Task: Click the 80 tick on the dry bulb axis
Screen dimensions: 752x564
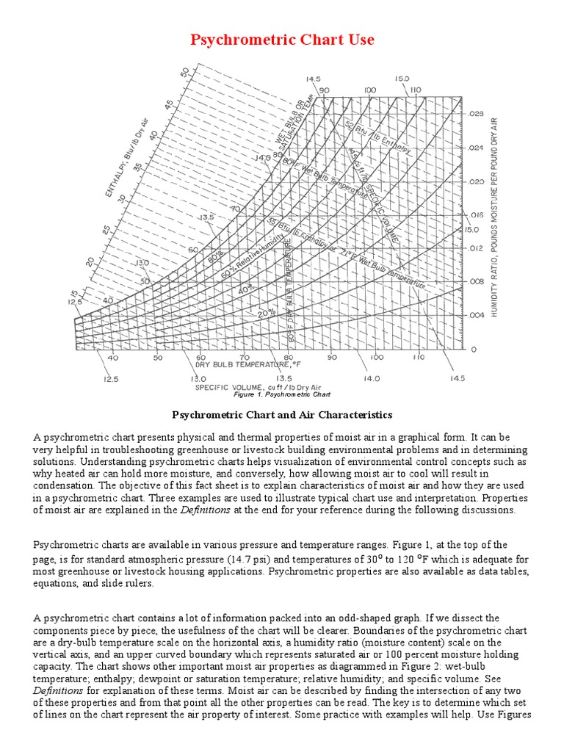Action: coord(289,358)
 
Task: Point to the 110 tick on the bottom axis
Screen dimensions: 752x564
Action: coord(418,358)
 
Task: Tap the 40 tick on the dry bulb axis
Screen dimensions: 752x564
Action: coord(112,358)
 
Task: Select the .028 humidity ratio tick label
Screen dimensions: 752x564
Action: coord(477,115)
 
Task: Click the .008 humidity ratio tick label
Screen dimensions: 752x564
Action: coord(477,281)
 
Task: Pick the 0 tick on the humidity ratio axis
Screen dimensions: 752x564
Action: coord(474,348)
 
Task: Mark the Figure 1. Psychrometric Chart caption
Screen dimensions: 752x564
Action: coord(282,394)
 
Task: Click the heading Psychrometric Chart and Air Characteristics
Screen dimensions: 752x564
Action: coord(282,415)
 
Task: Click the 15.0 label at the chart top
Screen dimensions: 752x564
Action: coord(402,79)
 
